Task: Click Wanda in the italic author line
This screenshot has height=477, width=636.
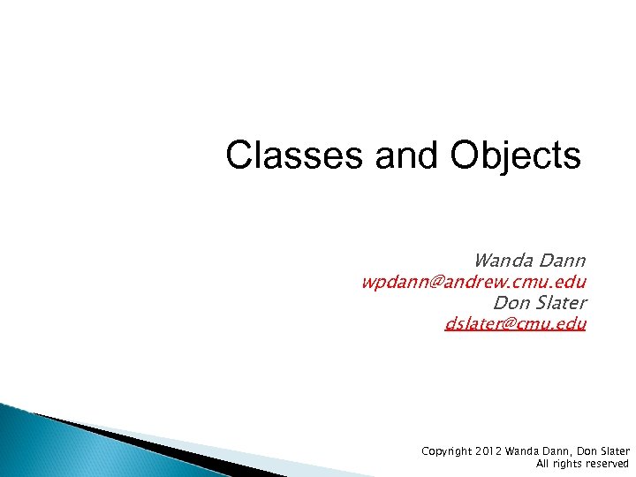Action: [x=501, y=261]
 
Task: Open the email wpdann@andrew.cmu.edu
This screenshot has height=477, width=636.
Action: [x=473, y=282]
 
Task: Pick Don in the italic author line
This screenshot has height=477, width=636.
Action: [x=510, y=303]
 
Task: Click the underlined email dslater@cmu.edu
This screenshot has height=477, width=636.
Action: [x=515, y=324]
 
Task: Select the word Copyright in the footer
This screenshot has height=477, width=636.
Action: [x=445, y=451]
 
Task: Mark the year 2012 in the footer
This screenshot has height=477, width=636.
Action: [x=488, y=451]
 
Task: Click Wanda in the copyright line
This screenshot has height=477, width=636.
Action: [x=521, y=451]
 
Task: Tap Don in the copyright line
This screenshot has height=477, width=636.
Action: [x=580, y=451]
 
